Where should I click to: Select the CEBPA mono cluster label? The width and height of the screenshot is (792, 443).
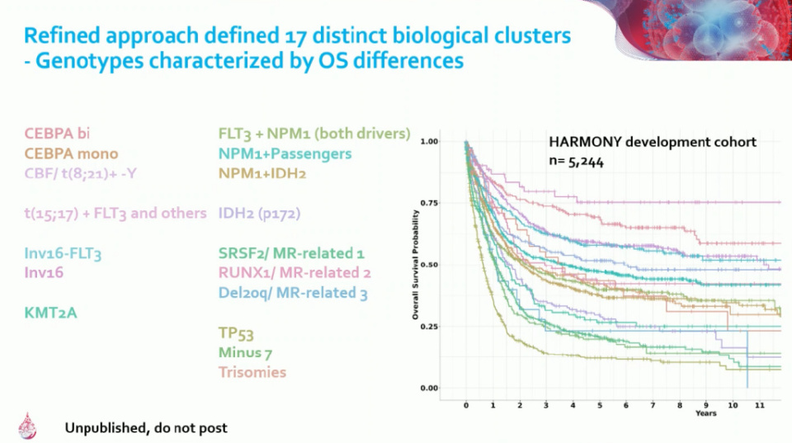[x=71, y=153]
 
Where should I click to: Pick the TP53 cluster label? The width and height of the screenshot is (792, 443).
[x=237, y=332]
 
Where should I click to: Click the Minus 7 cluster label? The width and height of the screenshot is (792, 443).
[x=246, y=352]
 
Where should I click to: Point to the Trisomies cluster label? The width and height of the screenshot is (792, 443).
[x=252, y=372]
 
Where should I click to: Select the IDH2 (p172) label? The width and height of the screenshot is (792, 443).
[x=257, y=213]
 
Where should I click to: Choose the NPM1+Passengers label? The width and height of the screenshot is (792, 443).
[x=285, y=153]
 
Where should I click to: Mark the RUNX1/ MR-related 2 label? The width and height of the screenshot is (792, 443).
[x=295, y=272]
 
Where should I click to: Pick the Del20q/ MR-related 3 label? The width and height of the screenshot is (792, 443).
[x=293, y=292]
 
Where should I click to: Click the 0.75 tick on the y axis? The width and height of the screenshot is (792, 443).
[x=427, y=203]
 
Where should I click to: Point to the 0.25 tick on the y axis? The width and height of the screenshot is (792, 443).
[x=427, y=327]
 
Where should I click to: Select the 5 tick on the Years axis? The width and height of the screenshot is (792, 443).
[x=600, y=406]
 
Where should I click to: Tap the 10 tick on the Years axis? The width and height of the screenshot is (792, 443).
[x=733, y=406]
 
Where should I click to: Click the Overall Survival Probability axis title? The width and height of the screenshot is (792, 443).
[x=416, y=265]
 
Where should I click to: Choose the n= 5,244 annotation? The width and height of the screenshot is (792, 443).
[x=576, y=163]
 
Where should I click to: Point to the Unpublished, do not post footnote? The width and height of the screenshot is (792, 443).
[x=146, y=428]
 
